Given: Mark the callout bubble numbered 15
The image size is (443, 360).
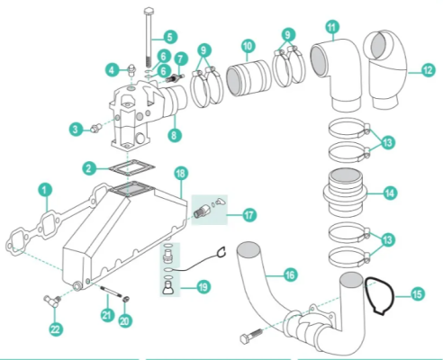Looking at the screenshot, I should (416, 292).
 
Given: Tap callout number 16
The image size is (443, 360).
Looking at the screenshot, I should (290, 275).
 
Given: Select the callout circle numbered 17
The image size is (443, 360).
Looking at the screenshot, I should (247, 214).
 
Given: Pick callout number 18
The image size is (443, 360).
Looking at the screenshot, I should (180, 171).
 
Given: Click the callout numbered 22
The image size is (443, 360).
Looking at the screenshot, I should (56, 329).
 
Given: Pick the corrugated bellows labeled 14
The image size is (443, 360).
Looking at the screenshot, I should (345, 190).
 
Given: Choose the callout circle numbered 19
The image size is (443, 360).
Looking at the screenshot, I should (203, 287).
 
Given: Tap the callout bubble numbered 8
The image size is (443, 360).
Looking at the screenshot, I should (175, 135).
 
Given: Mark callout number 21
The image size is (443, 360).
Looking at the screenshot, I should (108, 314).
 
